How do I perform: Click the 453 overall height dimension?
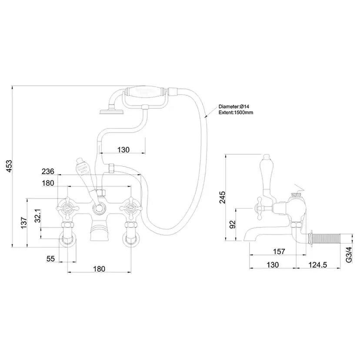coord(10,167)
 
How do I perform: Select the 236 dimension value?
coord(48,171)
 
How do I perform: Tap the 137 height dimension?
coord(24,223)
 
